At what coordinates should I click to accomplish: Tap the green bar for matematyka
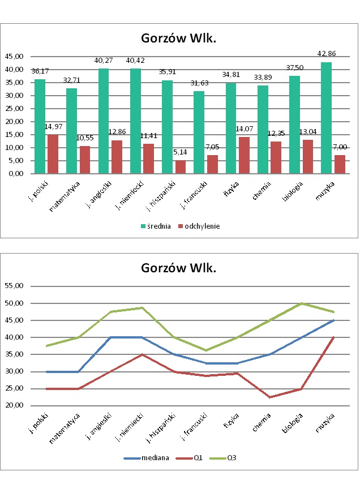point(71,131)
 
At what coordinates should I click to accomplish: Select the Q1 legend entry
point(192,457)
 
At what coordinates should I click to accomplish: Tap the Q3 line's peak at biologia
point(301,303)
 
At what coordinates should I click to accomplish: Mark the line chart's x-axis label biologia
point(293,423)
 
